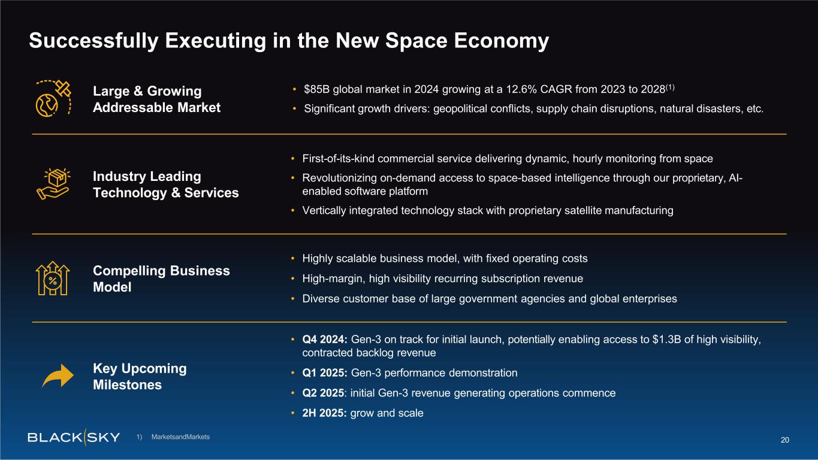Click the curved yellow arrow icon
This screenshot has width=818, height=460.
(58, 377)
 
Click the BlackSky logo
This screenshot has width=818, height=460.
(74, 437)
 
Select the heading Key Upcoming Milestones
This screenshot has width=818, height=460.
(140, 377)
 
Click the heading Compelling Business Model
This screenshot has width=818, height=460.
(161, 279)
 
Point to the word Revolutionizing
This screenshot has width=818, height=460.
(340, 178)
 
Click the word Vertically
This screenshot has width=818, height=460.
(325, 211)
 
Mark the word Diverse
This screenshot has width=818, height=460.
(321, 299)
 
